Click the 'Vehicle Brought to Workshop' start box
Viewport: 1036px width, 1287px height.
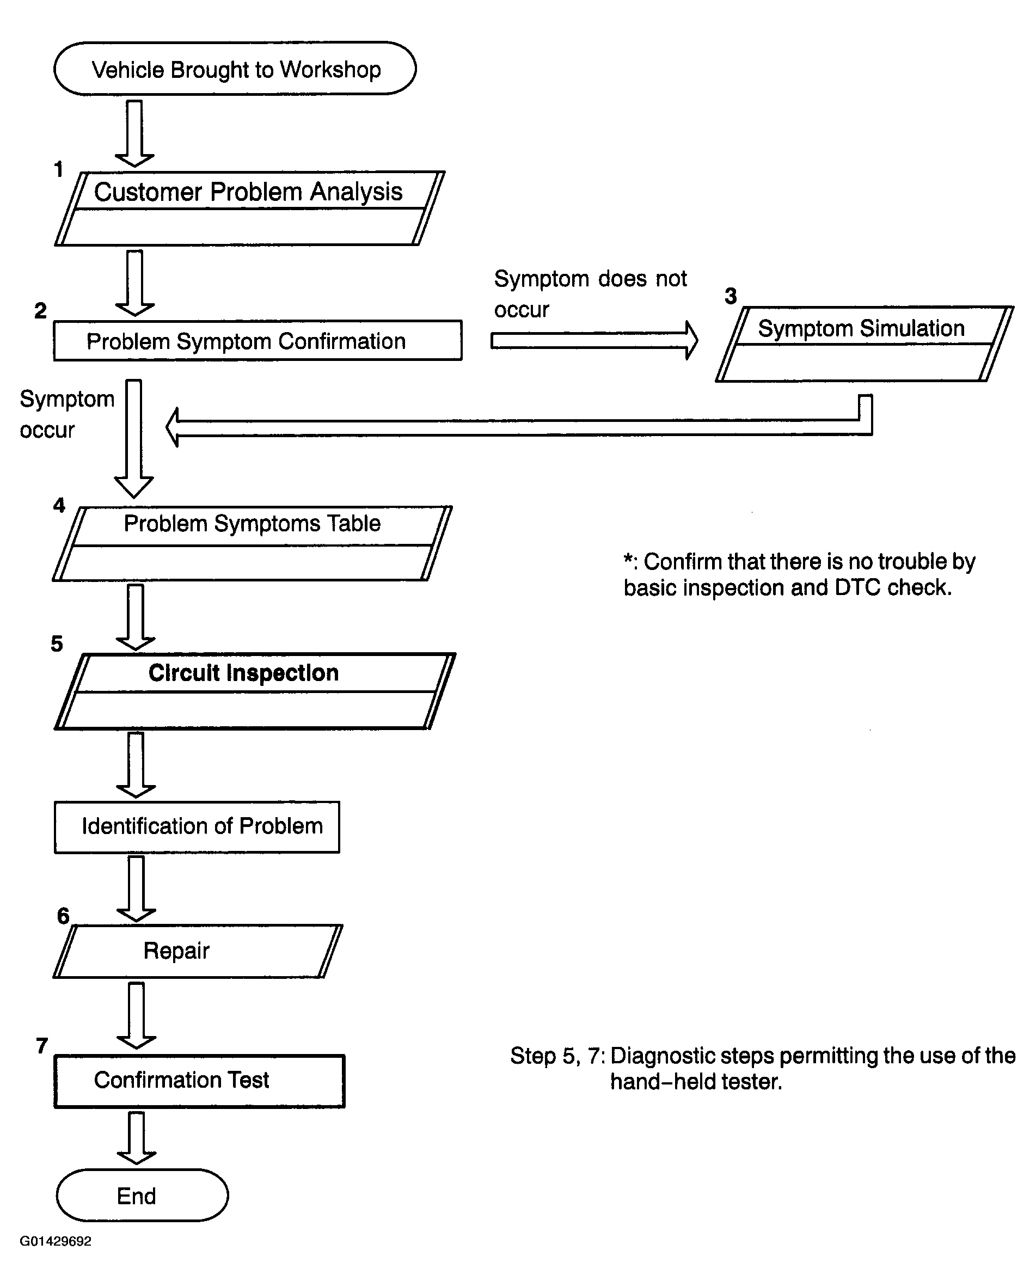pyautogui.click(x=235, y=69)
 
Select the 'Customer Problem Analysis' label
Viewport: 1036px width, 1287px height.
pyautogui.click(x=248, y=192)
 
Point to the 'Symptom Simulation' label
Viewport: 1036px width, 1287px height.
pyautogui.click(x=861, y=328)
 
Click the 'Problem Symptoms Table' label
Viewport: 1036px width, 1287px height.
pyautogui.click(x=252, y=524)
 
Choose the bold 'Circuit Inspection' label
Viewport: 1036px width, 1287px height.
pyautogui.click(x=243, y=673)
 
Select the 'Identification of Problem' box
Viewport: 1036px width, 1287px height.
pyautogui.click(x=197, y=827)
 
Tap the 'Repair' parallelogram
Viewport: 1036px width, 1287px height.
pyautogui.click(x=198, y=952)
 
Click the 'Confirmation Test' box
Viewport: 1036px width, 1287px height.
pyautogui.click(x=199, y=1081)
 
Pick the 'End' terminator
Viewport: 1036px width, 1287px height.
pyautogui.click(x=142, y=1196)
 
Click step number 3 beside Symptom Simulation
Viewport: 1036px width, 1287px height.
pyautogui.click(x=731, y=296)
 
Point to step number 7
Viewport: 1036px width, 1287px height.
pyautogui.click(x=42, y=1046)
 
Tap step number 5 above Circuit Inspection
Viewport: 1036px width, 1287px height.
pyautogui.click(x=57, y=644)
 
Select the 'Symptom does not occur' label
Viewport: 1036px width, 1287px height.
pyautogui.click(x=590, y=293)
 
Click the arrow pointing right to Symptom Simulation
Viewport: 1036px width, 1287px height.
pyautogui.click(x=594, y=341)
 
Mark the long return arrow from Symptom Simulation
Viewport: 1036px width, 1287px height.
pyautogui.click(x=519, y=427)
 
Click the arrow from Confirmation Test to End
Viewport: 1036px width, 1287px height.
pyautogui.click(x=137, y=1138)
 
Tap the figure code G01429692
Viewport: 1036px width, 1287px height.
pyautogui.click(x=56, y=1242)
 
